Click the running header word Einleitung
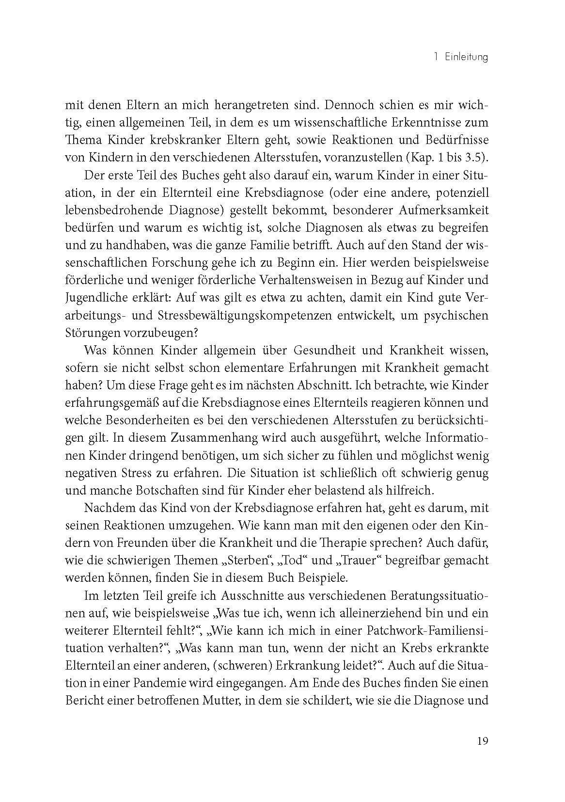465,58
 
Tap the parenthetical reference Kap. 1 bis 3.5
449,158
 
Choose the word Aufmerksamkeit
438,210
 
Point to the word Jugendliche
93,298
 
